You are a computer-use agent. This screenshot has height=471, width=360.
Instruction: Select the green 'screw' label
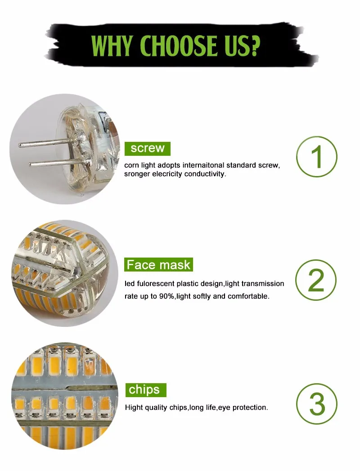click(148, 148)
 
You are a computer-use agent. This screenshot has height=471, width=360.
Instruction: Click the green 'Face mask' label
click(158, 264)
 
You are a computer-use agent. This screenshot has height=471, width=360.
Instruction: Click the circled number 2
click(317, 280)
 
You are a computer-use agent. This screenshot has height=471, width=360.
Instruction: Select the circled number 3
click(317, 404)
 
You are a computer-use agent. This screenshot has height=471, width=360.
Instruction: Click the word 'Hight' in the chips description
click(134, 408)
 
